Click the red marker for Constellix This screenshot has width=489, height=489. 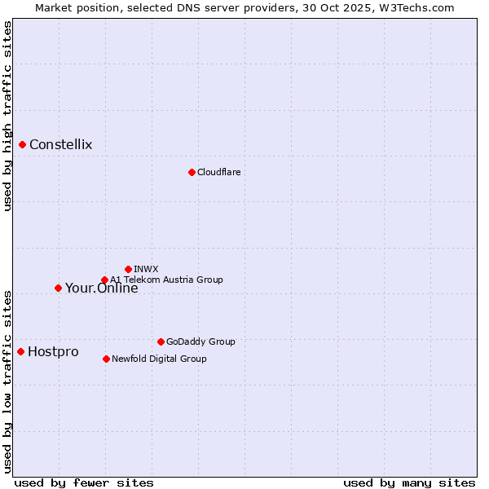point(22,145)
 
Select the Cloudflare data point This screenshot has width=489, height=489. point(192,172)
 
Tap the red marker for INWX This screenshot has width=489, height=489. point(128,269)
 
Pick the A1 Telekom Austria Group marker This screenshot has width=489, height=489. point(104,280)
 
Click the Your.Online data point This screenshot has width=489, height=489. point(58,288)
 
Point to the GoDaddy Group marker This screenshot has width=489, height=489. point(161,341)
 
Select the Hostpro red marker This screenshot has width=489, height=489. point(20,351)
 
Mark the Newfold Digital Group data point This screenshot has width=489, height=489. point(106,359)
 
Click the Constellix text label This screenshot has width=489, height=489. point(61,145)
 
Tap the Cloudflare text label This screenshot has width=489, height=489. point(219,172)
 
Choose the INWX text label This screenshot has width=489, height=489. point(146,269)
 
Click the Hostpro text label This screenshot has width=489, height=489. point(53,351)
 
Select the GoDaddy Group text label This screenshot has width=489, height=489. point(200,341)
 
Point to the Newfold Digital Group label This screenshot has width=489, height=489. point(159,359)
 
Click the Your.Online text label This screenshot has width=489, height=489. point(102,288)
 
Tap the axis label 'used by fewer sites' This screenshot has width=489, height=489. point(84,482)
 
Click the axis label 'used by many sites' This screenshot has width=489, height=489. point(409,482)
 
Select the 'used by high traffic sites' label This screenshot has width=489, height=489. point(7,116)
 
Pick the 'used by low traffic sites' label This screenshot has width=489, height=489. point(7,381)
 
